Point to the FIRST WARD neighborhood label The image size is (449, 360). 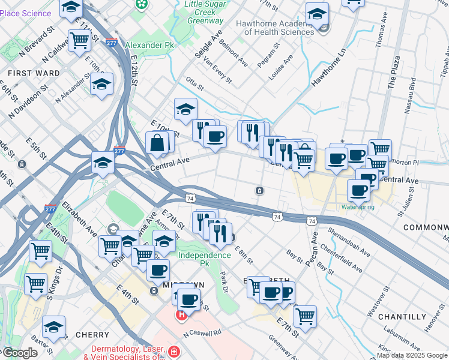(x=34, y=73)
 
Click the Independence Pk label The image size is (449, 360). (x=204, y=255)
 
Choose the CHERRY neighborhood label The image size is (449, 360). (x=92, y=335)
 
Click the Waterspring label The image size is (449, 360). (x=358, y=207)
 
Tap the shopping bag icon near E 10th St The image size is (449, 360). (x=157, y=143)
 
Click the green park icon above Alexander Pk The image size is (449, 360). (x=142, y=5)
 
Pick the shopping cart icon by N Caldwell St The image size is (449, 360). (x=79, y=41)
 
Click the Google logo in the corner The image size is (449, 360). (x=19, y=353)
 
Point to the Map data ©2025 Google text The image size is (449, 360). (x=412, y=355)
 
